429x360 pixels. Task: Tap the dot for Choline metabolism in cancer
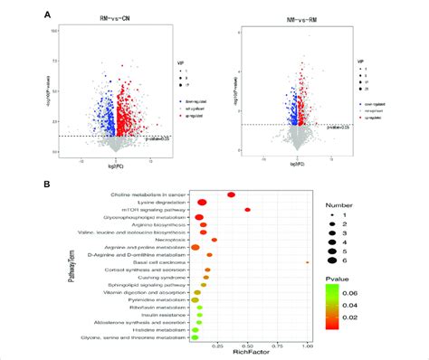click(x=232, y=194)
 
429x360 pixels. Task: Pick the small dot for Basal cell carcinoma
click(x=308, y=262)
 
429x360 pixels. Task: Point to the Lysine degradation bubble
click(x=203, y=202)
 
